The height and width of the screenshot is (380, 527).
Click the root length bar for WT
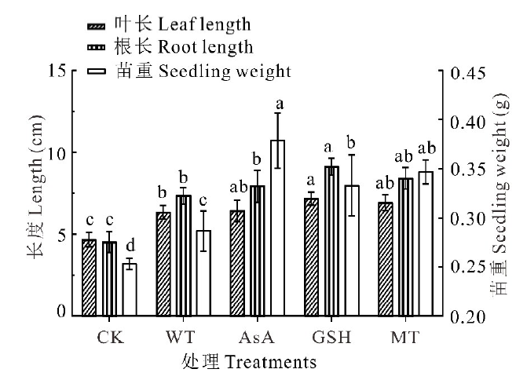pos(183,255)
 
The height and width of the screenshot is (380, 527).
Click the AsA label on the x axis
pos(258,338)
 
